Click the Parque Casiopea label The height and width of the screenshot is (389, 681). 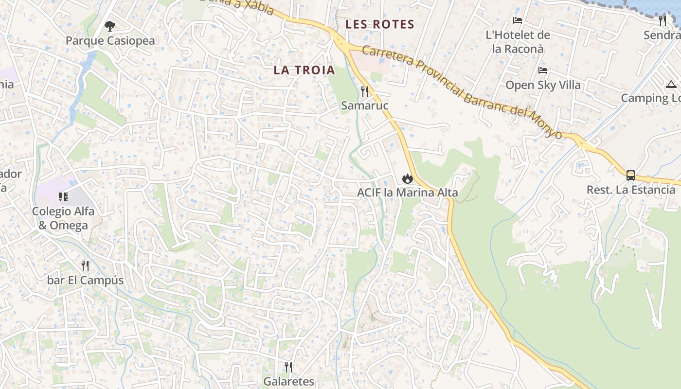(x=110, y=40)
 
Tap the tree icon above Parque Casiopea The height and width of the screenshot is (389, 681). (x=110, y=26)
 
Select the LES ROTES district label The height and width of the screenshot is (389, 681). (x=380, y=24)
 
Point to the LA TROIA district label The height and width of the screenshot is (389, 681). (x=305, y=70)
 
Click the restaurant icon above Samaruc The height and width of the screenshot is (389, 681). (x=365, y=91)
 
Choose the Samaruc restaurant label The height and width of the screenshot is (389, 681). (x=365, y=106)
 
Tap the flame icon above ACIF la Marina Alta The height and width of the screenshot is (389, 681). (x=408, y=178)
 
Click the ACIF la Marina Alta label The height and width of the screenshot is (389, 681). (x=408, y=193)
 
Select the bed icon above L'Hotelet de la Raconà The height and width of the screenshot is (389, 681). (x=518, y=20)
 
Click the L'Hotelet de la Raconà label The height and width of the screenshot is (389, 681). (x=518, y=42)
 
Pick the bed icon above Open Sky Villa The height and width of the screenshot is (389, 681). (x=543, y=71)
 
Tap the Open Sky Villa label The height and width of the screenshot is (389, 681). (x=543, y=85)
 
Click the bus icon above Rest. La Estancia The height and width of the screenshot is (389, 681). (x=631, y=176)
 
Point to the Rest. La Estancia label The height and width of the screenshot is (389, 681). (x=631, y=190)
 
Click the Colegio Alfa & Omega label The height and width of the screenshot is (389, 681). (x=63, y=218)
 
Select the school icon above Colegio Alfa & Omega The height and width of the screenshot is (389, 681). (x=63, y=197)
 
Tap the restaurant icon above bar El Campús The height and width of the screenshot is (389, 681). (x=85, y=266)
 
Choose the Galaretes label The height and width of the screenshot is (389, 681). (x=289, y=381)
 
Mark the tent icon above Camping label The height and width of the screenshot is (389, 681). (x=671, y=84)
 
